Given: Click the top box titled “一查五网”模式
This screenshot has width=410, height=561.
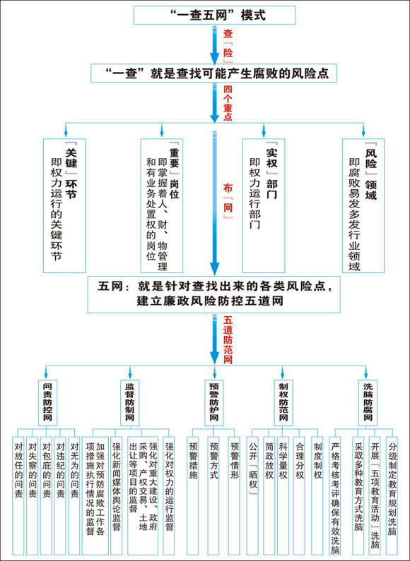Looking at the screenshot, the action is (x=214, y=15).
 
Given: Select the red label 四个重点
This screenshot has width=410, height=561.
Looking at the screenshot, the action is (x=228, y=103).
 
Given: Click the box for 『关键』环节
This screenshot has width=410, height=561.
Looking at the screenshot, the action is (x=64, y=206).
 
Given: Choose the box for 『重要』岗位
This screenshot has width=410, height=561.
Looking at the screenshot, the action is (x=162, y=206).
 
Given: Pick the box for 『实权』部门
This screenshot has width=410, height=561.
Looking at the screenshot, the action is (x=264, y=206).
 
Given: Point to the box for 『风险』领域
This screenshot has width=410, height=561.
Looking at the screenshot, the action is (x=363, y=206).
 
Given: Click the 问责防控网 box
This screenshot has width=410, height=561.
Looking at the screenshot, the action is (x=47, y=402).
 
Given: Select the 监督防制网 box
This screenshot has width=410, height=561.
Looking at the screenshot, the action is (x=130, y=402).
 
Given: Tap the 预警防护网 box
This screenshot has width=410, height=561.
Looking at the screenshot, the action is (x=214, y=402).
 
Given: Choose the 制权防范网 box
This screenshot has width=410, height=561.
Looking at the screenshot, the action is (x=283, y=402).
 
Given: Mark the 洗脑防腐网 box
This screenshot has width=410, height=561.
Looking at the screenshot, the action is (x=368, y=402).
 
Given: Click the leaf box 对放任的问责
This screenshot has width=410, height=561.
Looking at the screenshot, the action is (x=18, y=495).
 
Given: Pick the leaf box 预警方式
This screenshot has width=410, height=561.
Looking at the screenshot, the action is (x=214, y=495).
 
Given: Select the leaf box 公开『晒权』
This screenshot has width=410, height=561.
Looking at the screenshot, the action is (x=253, y=495).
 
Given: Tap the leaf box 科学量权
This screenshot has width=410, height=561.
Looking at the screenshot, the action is (x=283, y=495).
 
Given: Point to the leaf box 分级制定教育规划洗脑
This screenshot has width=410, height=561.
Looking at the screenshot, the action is (x=392, y=495).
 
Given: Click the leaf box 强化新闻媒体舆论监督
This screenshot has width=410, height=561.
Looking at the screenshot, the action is (x=117, y=495).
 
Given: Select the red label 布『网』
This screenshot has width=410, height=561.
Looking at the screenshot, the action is (x=228, y=201).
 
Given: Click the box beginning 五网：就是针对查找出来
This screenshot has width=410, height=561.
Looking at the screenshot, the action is (x=214, y=294).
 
